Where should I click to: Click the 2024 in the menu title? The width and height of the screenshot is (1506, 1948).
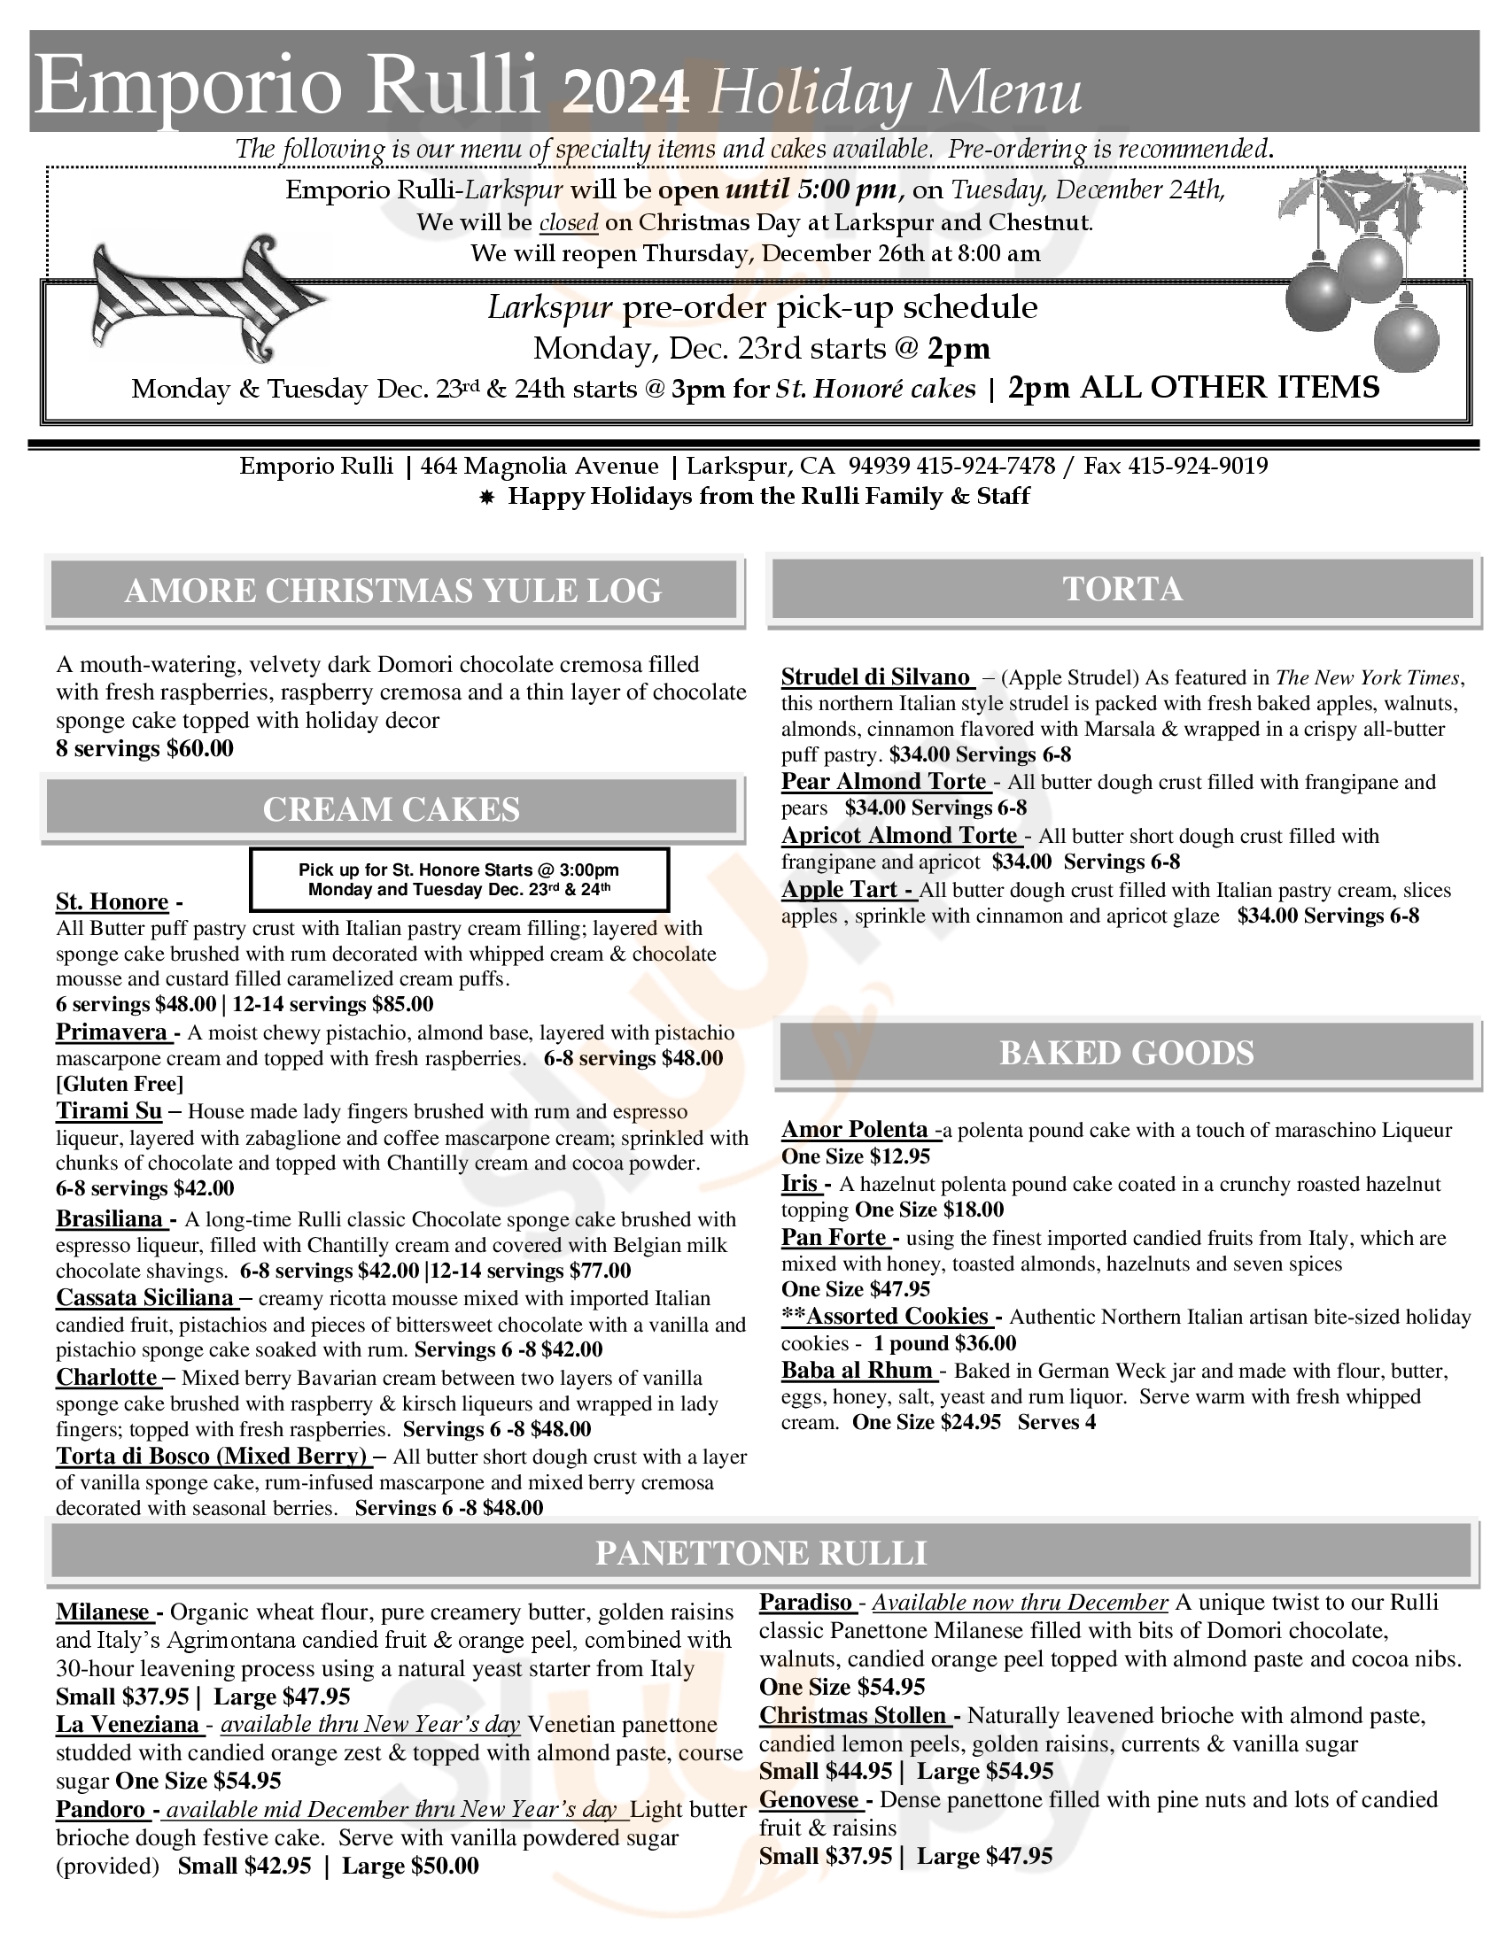pos(627,95)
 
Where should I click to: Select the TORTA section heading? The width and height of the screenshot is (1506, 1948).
pos(1122,590)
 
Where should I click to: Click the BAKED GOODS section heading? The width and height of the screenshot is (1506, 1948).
pos(1126,1054)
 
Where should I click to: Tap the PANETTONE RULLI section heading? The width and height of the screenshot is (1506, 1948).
pos(760,1553)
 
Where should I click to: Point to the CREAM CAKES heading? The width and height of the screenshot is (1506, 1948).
pos(391,809)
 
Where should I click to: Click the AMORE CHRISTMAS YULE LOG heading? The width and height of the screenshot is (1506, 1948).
pos(392,591)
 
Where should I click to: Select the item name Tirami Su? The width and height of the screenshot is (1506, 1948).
pos(109,1111)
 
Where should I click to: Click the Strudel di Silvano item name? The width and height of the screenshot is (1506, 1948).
pos(876,677)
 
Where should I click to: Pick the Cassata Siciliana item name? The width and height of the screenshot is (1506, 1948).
pos(144,1298)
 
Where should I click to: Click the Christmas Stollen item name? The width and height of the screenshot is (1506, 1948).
pos(854,1715)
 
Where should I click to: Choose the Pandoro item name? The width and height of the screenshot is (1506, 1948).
pos(101,1809)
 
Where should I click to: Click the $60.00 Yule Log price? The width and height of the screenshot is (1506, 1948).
pos(200,748)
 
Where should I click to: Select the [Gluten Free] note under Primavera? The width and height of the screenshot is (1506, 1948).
pos(120,1084)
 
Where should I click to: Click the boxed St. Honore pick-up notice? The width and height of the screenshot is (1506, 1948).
pos(459,879)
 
